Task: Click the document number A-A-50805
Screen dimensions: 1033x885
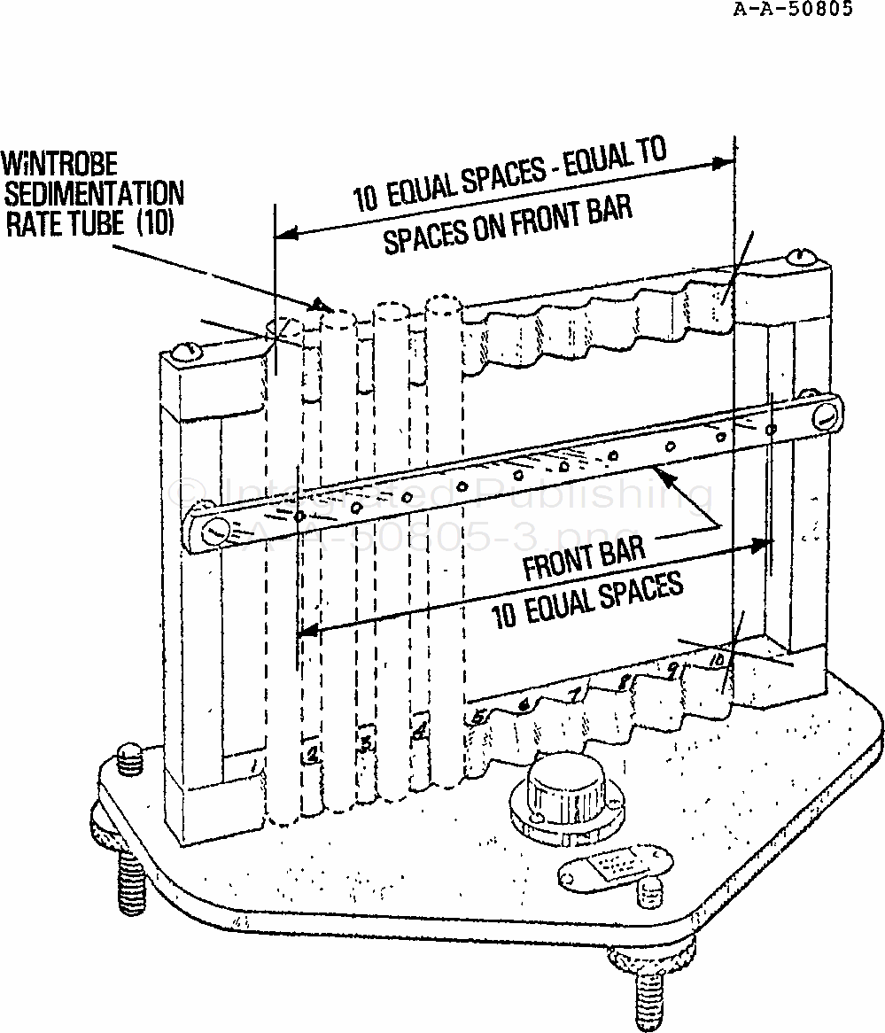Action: point(794,11)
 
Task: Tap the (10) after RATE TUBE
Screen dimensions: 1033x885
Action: point(155,222)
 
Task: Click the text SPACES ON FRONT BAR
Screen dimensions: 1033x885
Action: point(508,225)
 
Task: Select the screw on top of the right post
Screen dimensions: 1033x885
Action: point(798,258)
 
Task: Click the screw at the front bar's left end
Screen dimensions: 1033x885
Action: point(214,532)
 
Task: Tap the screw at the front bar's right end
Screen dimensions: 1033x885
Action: point(825,412)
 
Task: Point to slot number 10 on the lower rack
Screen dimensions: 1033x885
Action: point(716,661)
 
